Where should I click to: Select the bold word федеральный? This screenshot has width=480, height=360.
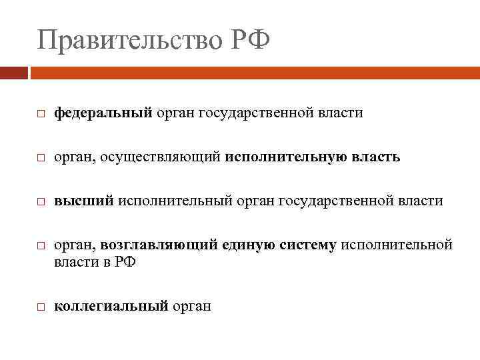pyautogui.click(x=103, y=113)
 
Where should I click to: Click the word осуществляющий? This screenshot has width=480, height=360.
pyautogui.click(x=163, y=157)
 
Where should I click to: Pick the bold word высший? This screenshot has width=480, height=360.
pyautogui.click(x=84, y=200)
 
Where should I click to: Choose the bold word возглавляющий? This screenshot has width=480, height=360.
pyautogui.click(x=159, y=245)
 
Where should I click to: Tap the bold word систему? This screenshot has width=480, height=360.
pyautogui.click(x=303, y=245)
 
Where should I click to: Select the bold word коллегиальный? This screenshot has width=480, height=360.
pyautogui.click(x=111, y=306)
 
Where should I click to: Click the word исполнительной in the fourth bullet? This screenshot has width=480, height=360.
pyautogui.click(x=397, y=245)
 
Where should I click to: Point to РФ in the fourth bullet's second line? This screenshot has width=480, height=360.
pyautogui.click(x=125, y=262)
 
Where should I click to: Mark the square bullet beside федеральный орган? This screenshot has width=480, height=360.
pyautogui.click(x=41, y=115)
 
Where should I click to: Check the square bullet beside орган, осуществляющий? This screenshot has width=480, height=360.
pyautogui.click(x=41, y=158)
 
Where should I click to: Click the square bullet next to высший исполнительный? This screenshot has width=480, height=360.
pyautogui.click(x=41, y=201)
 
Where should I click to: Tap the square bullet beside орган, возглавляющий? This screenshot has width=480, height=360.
pyautogui.click(x=41, y=246)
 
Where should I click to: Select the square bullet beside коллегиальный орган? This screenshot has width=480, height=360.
pyautogui.click(x=41, y=307)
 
